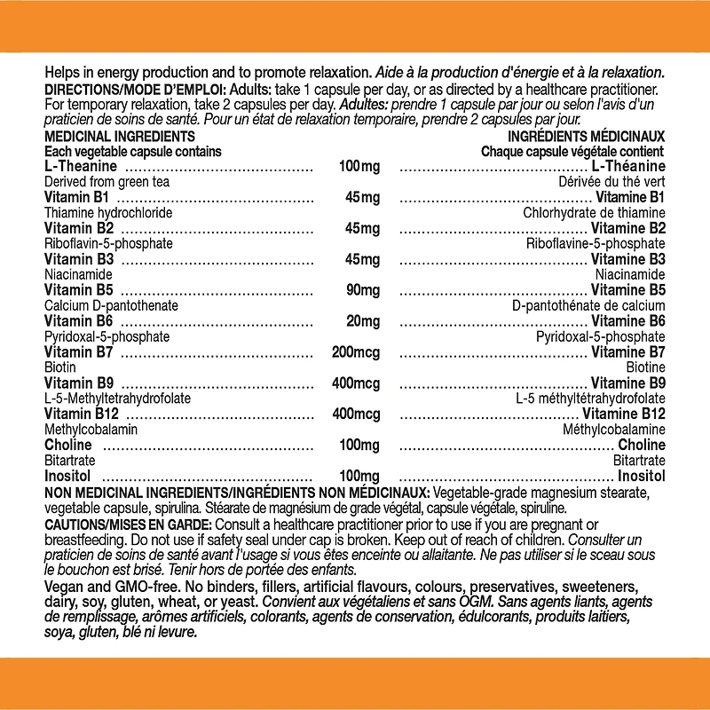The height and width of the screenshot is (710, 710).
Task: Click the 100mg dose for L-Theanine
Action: coord(359,167)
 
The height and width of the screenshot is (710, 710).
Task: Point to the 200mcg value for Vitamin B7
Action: coord(356,352)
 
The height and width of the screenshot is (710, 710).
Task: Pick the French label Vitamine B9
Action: coord(628,383)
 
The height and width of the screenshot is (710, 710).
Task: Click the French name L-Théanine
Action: coord(628,167)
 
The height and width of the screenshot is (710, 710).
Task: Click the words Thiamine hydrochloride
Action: coord(107,213)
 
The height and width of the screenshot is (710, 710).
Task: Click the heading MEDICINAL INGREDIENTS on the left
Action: coord(119,137)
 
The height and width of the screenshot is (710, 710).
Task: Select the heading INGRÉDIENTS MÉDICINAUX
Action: coord(586,137)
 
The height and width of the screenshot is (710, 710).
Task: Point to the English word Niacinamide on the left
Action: coord(78,275)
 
